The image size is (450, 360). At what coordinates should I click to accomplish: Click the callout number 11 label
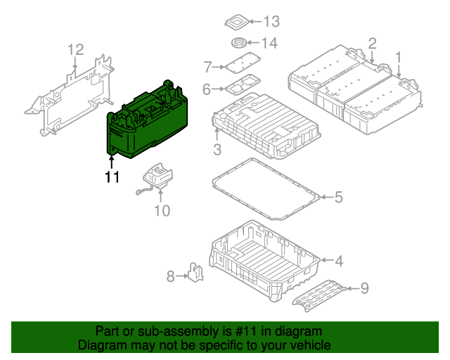pyautogui.click(x=112, y=177)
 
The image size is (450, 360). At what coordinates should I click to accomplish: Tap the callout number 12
pyautogui.click(x=75, y=49)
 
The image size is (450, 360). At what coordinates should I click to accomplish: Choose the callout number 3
pyautogui.click(x=217, y=149)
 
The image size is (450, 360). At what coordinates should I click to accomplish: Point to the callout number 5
pyautogui.click(x=338, y=198)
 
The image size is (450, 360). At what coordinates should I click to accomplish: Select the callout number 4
pyautogui.click(x=338, y=262)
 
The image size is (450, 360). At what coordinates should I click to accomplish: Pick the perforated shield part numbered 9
pyautogui.click(x=320, y=293)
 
